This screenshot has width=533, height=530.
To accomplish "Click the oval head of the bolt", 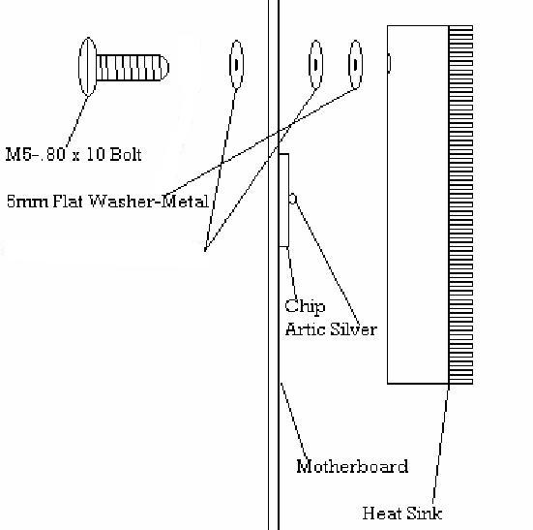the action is pyautogui.click(x=88, y=67).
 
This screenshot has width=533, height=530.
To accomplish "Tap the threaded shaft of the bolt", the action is pyautogui.click(x=129, y=68).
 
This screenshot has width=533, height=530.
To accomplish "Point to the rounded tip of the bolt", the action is pyautogui.click(x=164, y=68).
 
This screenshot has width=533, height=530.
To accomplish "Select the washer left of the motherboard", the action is pyautogui.click(x=237, y=64).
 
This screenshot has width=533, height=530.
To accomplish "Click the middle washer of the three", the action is pyautogui.click(x=315, y=64).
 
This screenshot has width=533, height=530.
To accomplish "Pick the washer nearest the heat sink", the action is pyautogui.click(x=356, y=64).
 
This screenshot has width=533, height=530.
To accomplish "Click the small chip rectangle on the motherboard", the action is pyautogui.click(x=283, y=201).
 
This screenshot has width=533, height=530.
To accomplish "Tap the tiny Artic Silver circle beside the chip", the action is pyautogui.click(x=293, y=199).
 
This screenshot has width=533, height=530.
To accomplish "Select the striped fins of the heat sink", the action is pyautogui.click(x=461, y=204).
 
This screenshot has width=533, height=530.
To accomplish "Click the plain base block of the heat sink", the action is pyautogui.click(x=418, y=204).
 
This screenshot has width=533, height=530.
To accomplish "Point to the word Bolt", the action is pyautogui.click(x=126, y=154).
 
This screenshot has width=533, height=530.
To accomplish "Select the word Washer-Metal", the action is pyautogui.click(x=149, y=202).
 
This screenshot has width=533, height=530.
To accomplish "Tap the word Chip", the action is pyautogui.click(x=305, y=306).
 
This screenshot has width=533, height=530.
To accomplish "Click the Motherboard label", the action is pyautogui.click(x=352, y=466).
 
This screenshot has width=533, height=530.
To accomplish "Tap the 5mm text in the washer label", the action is pyautogui.click(x=27, y=202).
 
